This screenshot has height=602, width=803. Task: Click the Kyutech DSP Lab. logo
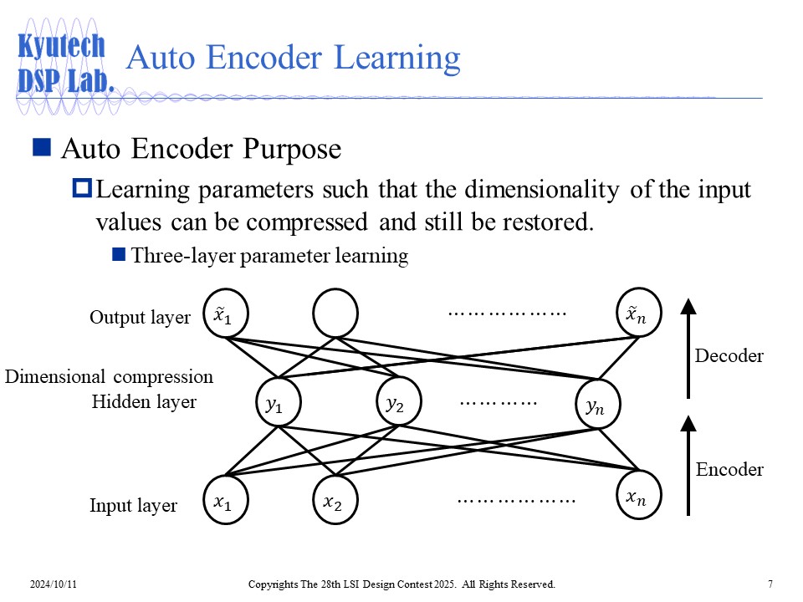(63, 64)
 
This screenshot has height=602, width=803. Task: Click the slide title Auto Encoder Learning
(292, 59)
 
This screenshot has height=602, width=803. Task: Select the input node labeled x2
(334, 502)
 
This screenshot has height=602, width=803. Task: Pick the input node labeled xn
(638, 497)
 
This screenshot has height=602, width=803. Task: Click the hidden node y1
(277, 405)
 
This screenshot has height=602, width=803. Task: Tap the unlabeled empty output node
(335, 314)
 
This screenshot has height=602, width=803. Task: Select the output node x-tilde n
(638, 313)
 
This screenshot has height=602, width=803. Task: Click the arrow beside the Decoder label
(688, 349)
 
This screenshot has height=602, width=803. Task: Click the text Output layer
(140, 318)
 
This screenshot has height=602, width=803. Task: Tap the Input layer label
(133, 506)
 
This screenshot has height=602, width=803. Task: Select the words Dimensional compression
(110, 377)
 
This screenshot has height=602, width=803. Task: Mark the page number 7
(769, 584)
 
